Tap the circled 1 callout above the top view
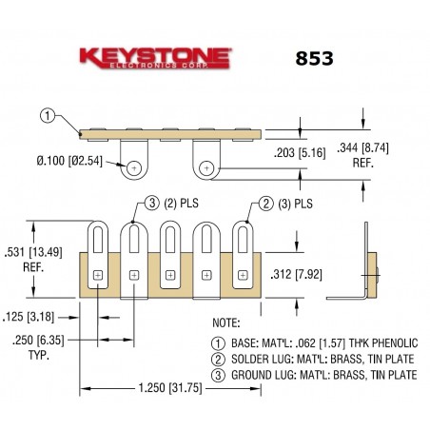pyautogui.click(x=49, y=116)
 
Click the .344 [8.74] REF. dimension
pyautogui.click(x=392, y=154)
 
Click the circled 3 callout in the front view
pyautogui.click(x=152, y=203)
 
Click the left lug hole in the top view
pyautogui.click(x=135, y=167)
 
